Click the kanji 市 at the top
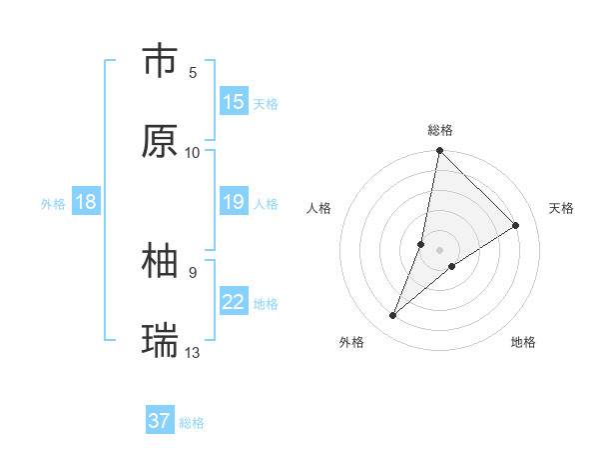160,61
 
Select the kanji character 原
160,141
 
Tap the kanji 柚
160,261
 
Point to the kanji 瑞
160,341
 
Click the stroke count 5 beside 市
193,72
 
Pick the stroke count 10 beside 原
193,152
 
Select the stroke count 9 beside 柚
193,272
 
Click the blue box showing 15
234,102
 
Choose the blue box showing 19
234,203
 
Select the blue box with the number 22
234,303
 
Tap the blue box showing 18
86,203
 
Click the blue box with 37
160,421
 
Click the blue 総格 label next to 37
192,423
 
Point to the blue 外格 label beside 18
53,204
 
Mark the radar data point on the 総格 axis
439,151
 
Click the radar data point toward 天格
516,225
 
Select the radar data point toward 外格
393,316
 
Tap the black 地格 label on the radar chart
523,343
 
